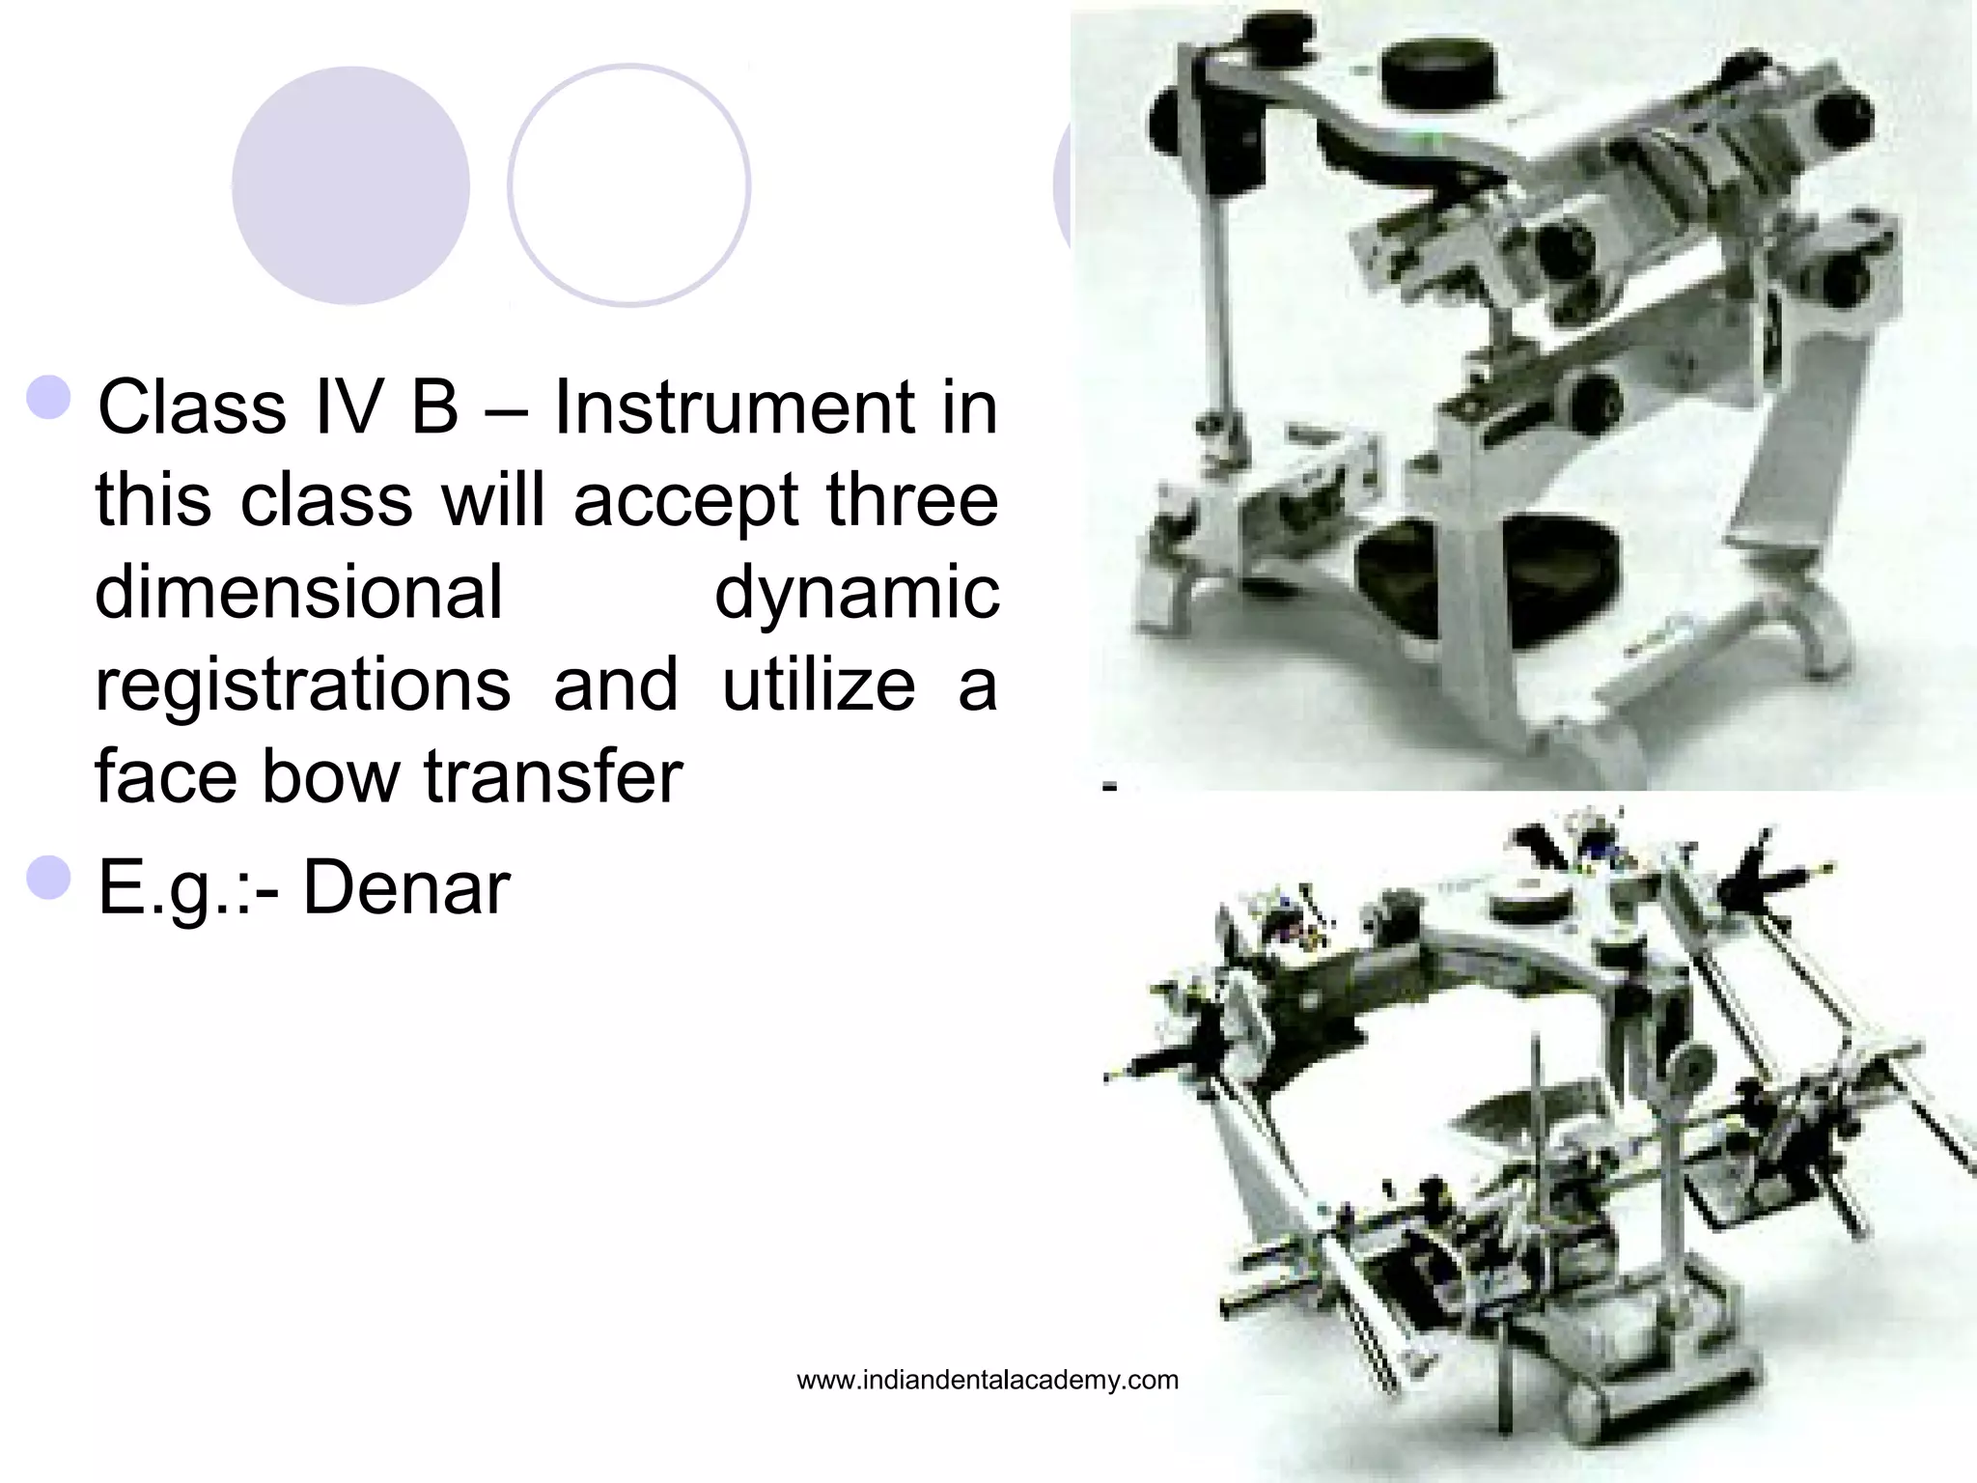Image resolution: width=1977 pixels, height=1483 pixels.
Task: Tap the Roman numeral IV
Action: coord(349,407)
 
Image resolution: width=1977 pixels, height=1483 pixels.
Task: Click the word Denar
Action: coord(406,888)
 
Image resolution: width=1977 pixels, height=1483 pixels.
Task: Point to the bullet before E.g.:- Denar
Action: coord(49,877)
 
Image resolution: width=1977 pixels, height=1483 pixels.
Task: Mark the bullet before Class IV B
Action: coord(49,397)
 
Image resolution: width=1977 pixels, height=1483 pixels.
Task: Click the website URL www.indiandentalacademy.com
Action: coord(988,1381)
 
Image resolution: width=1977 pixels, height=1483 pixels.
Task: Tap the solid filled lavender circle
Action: coord(350,185)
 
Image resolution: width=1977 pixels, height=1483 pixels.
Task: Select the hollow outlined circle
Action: coord(629,185)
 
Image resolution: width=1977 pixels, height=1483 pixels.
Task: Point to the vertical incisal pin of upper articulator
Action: coord(1220,309)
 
